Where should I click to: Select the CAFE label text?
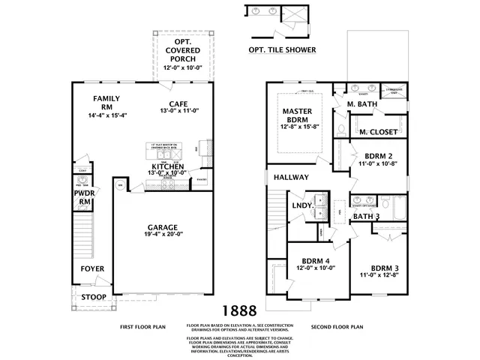pyautogui.click(x=178, y=104)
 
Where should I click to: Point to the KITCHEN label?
pyautogui.click(x=169, y=166)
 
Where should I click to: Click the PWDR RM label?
pyautogui.click(x=84, y=196)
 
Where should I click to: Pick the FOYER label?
pyautogui.click(x=93, y=268)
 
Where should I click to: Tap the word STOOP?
pyautogui.click(x=93, y=295)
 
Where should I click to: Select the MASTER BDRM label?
pyautogui.click(x=295, y=115)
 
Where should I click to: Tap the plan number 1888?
pyautogui.click(x=238, y=309)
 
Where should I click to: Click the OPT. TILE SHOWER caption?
pyautogui.click(x=282, y=50)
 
